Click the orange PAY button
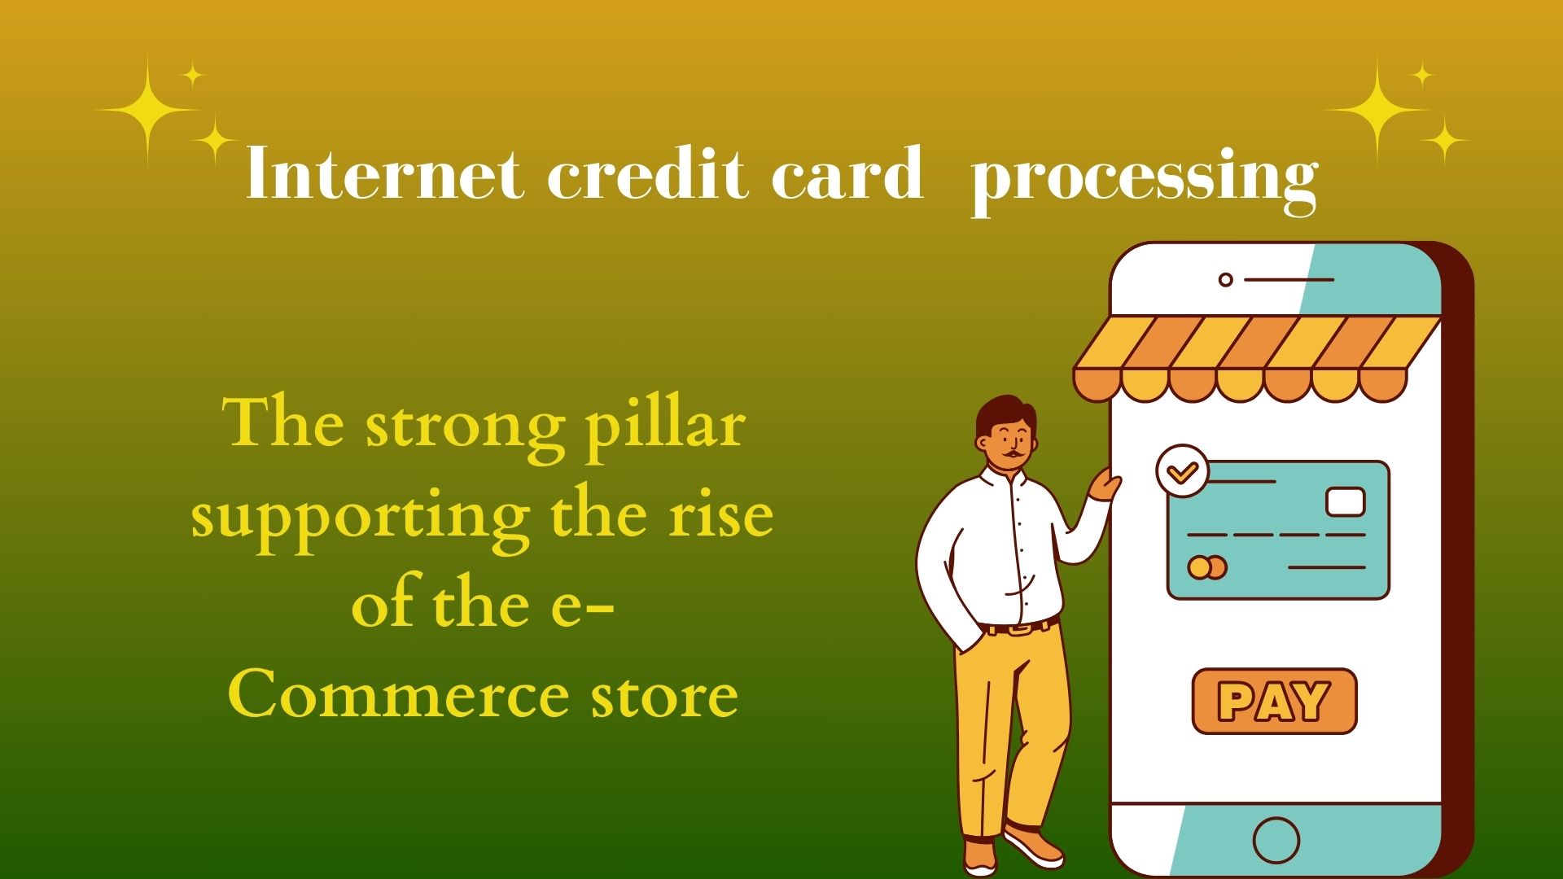coord(1274,701)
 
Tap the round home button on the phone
coord(1276,839)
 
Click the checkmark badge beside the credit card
coord(1182,470)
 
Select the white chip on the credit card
coord(1345,501)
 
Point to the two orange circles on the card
coord(1206,566)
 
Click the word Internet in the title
coord(384,173)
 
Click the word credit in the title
coord(647,173)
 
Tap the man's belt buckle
coord(1017,628)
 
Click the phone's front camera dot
coord(1225,280)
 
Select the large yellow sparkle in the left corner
coord(147,109)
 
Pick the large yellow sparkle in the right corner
coord(1377,109)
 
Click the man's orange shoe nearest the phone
coord(1034,846)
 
